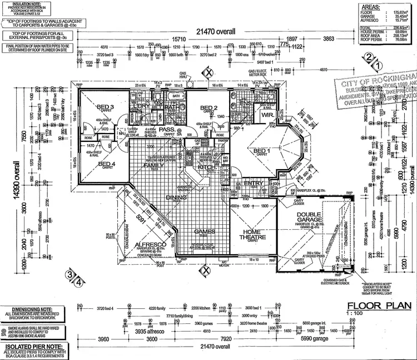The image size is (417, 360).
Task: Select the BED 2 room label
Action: click(208, 108)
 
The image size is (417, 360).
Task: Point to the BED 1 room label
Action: click(262, 151)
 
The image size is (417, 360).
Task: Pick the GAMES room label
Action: click(204, 231)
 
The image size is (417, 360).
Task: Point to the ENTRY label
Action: click(254, 183)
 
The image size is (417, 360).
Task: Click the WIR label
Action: click(267, 115)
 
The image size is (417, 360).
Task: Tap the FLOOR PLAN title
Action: click(379, 305)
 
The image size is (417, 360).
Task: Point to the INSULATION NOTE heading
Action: click(22, 2)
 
